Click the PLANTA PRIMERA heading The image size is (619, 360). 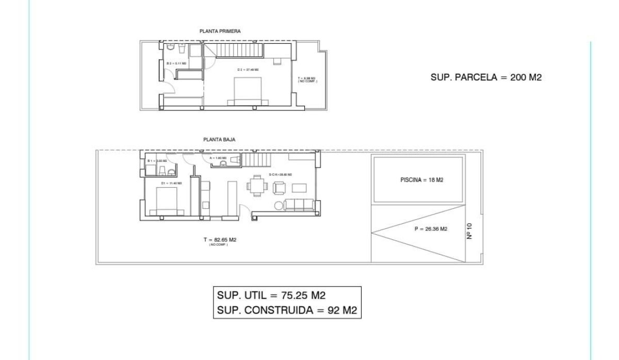[220, 31]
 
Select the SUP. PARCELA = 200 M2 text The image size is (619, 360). [486, 77]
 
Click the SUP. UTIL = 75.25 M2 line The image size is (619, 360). [271, 295]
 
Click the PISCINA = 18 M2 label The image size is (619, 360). [422, 181]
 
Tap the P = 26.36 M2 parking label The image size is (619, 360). [431, 229]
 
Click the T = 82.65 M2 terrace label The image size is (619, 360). [220, 240]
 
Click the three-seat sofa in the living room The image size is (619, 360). [300, 204]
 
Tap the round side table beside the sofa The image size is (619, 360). [279, 206]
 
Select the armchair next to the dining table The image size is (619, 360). [279, 188]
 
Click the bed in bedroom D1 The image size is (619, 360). [166, 201]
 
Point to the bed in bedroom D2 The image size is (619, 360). [250, 91]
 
